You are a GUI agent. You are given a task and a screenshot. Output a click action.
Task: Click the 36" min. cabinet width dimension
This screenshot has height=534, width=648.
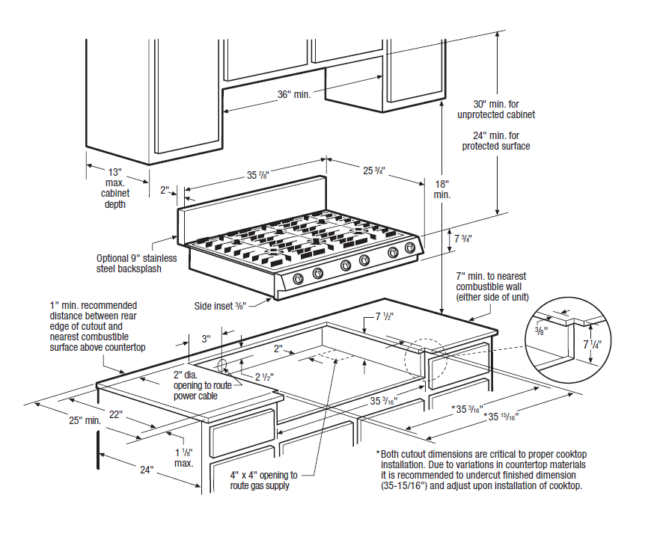[x=294, y=95]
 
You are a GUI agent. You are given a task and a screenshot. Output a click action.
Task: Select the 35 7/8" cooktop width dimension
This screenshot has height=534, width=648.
[x=258, y=175]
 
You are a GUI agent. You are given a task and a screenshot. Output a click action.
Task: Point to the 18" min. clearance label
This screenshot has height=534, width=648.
[x=441, y=188]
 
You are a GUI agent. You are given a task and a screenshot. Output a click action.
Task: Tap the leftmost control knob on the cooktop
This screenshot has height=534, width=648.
[x=298, y=279]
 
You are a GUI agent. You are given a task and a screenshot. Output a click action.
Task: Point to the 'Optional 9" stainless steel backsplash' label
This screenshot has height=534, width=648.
[x=137, y=263]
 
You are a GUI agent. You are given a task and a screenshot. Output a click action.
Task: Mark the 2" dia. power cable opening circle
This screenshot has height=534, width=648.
[x=222, y=365]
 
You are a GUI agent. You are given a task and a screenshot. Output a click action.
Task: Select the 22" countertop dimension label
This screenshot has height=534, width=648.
[x=116, y=414]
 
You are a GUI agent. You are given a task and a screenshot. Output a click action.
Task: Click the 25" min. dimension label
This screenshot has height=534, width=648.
[x=85, y=421]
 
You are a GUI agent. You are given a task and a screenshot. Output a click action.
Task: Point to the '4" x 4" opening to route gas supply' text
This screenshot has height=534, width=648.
[x=263, y=480]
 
